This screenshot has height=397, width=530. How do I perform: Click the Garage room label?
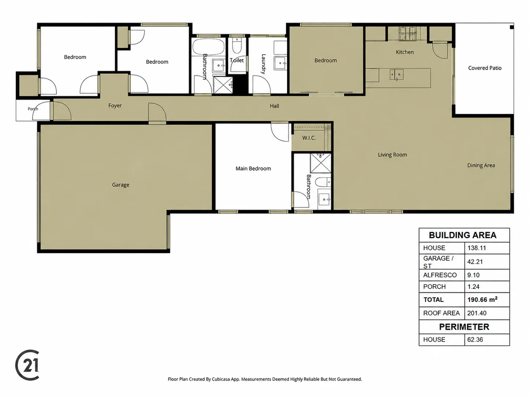pos(120,185)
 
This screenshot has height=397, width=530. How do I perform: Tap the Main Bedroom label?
pos(253,169)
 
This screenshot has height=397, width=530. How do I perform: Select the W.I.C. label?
pos(309,138)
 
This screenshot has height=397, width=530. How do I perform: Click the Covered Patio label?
pos(485,68)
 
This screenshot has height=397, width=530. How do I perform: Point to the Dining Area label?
pos(481,165)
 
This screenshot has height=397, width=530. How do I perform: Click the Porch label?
pos(33,109)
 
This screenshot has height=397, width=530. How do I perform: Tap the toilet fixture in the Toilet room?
pos(237,46)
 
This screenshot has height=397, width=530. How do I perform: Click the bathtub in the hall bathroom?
pos(208,47)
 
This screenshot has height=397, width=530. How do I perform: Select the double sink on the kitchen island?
pos(396,75)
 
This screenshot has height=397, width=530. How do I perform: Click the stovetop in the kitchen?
pos(408,33)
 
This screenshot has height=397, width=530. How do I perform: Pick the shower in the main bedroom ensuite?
pos(320,163)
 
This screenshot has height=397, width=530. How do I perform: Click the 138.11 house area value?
pos(477,248)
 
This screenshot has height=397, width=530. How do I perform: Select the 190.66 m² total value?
pos(482,299)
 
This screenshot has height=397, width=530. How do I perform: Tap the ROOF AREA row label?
pos(441,313)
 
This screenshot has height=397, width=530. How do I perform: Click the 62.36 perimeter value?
pos(475,340)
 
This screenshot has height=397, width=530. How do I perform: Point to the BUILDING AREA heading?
pos(462,235)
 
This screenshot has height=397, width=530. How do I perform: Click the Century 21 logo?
pos(27,365)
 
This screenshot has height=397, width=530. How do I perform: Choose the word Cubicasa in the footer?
pos(221,379)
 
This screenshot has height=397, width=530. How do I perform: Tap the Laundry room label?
pos(264,64)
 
